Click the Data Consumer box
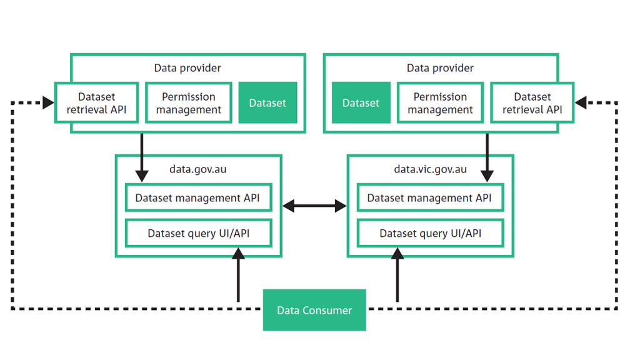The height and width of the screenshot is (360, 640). [x=314, y=310]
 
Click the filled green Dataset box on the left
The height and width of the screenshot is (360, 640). [x=267, y=103]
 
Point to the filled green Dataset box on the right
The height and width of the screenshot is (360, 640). [x=361, y=103]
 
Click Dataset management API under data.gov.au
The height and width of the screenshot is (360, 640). [x=198, y=198]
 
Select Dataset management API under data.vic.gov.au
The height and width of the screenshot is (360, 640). [x=430, y=198]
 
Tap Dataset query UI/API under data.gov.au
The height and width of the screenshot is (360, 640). [x=198, y=234]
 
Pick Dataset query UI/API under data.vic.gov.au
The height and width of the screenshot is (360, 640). [x=430, y=234]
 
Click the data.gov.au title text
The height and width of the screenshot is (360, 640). [x=198, y=169]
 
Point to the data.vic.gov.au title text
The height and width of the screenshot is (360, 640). [x=430, y=169]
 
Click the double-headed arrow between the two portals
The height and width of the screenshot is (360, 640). [x=314, y=206]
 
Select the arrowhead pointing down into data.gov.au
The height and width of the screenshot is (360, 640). [x=142, y=176]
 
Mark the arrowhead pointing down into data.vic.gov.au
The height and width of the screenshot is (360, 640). [x=487, y=176]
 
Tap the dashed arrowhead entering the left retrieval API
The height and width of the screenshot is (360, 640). [x=48, y=102]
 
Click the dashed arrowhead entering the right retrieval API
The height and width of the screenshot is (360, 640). [x=581, y=102]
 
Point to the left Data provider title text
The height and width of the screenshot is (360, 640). [x=187, y=67]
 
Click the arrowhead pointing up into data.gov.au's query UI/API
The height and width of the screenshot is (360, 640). [x=238, y=254]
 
